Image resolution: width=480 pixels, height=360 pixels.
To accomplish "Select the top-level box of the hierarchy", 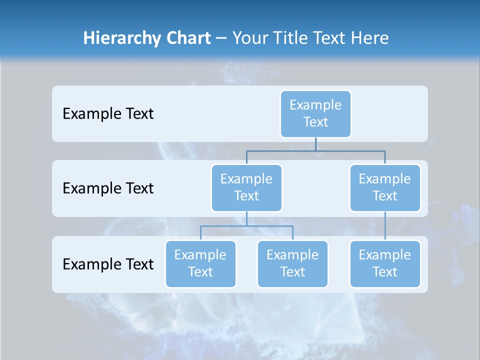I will tap(315, 114).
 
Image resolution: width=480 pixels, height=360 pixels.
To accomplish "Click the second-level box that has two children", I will tap(246, 188).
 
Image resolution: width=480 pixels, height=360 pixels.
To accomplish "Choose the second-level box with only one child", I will tap(384, 188).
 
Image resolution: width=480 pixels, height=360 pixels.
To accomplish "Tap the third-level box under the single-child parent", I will tap(384, 264).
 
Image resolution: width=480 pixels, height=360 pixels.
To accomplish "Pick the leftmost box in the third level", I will tap(200, 264).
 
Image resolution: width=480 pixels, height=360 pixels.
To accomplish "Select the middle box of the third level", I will tap(292, 264).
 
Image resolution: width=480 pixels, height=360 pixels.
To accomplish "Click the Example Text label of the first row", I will tap(108, 114).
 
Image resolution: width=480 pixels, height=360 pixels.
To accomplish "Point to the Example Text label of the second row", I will tap(108, 188).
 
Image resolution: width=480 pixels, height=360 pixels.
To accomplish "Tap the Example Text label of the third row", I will tap(108, 264).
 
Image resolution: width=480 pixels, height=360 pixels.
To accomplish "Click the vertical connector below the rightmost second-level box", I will tap(385, 226).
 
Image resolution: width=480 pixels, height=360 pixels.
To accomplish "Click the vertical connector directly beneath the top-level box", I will tap(315, 144).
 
